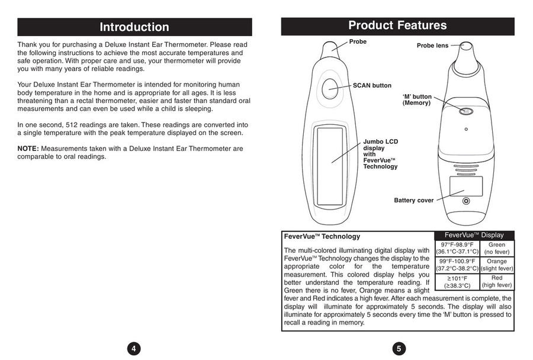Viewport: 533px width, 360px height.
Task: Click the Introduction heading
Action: click(x=134, y=27)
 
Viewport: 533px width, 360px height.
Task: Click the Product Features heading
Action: click(x=397, y=25)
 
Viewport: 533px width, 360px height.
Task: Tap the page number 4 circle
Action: click(x=134, y=348)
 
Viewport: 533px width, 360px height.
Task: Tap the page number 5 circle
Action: click(x=398, y=348)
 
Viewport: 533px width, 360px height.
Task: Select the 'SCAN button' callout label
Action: click(x=372, y=85)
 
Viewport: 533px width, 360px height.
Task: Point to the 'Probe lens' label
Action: click(x=432, y=46)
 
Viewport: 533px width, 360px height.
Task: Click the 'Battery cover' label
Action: click(x=413, y=201)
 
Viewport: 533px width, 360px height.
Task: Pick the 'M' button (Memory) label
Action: click(x=417, y=99)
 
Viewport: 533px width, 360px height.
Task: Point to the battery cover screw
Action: click(x=466, y=201)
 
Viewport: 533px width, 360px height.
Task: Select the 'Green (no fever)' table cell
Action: click(x=497, y=248)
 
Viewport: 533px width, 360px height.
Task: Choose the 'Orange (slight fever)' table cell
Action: click(x=497, y=265)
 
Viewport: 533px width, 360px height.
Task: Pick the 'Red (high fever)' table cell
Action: click(x=497, y=281)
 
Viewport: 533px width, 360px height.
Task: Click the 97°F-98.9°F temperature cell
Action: click(x=457, y=248)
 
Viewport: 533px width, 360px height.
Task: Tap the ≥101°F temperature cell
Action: click(x=457, y=281)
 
